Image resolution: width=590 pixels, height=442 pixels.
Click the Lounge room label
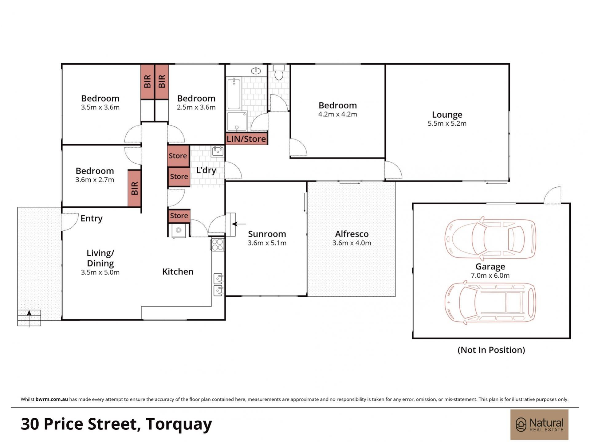click(447, 115)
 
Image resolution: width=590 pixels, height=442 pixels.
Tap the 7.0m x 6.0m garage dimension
click(490, 276)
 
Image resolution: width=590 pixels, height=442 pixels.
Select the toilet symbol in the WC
click(279, 72)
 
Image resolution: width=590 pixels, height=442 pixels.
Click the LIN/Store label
click(246, 139)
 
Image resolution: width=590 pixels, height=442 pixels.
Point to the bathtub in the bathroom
click(234, 93)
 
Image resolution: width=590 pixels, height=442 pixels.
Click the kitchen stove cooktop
click(217, 244)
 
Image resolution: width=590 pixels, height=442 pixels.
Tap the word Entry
click(92, 218)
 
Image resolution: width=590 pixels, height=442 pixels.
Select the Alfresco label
click(352, 234)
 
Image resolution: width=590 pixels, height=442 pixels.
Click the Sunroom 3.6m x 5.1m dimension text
click(267, 243)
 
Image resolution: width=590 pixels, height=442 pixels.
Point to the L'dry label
click(206, 170)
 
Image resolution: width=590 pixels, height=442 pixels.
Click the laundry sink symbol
click(218, 151)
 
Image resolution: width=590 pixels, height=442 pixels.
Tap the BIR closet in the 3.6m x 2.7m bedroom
click(134, 188)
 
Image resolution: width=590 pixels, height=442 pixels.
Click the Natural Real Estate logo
click(539, 424)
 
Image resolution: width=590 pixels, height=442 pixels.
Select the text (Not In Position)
click(491, 350)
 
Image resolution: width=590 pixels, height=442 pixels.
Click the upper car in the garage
click(490, 238)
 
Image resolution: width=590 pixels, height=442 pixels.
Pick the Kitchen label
click(178, 272)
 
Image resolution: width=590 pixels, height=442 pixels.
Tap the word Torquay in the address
click(179, 424)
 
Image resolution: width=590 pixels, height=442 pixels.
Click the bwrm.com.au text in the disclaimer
click(52, 399)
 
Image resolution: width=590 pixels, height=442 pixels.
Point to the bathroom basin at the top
click(256, 71)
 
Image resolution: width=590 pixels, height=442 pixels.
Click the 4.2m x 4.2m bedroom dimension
click(337, 114)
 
